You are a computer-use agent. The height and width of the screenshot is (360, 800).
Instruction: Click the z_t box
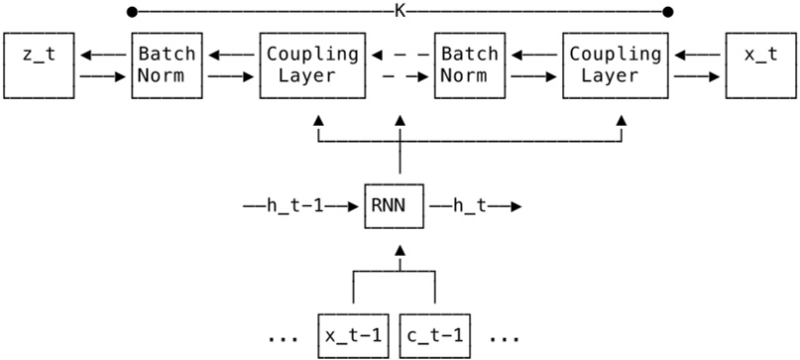[38, 63]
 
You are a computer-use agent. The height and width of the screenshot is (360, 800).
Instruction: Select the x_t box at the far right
[760, 63]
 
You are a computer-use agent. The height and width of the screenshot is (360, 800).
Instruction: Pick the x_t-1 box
[354, 335]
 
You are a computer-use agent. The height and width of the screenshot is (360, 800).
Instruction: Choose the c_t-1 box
[434, 335]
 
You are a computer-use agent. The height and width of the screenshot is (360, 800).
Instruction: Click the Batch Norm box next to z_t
[167, 63]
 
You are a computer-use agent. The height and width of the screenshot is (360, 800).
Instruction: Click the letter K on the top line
[400, 12]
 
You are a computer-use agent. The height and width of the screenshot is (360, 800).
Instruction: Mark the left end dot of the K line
[131, 13]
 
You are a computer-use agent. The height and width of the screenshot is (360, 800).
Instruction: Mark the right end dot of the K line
[668, 13]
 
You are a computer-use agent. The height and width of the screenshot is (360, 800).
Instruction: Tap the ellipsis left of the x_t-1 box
[283, 339]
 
